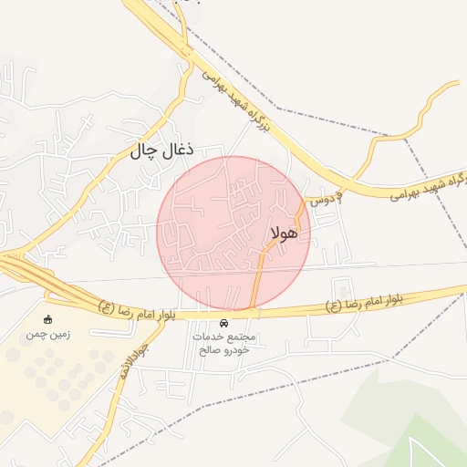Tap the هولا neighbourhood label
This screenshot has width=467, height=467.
point(285,233)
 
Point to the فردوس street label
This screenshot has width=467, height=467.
point(326,197)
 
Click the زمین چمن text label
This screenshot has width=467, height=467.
point(47,335)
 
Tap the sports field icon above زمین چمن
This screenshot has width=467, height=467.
point(47,320)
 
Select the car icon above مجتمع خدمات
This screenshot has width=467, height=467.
point(224,324)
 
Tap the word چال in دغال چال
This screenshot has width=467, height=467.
point(148,150)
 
